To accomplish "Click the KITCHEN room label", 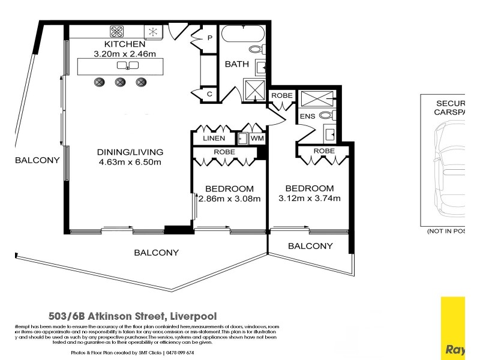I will pyautogui.click(x=125, y=44).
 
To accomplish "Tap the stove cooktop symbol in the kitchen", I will pyautogui.click(x=117, y=32).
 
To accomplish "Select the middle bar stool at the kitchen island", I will pyautogui.click(x=120, y=82).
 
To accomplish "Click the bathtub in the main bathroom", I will pyautogui.click(x=243, y=33).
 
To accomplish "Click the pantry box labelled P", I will pyautogui.click(x=210, y=38).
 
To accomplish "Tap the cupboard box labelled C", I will pyautogui.click(x=210, y=94).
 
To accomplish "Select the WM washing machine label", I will pyautogui.click(x=257, y=139).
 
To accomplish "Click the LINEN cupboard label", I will pyautogui.click(x=214, y=139).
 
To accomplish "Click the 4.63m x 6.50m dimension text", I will pyautogui.click(x=131, y=162).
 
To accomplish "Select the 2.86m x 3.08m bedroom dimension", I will pyautogui.click(x=229, y=199).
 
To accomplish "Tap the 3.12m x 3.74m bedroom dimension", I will pyautogui.click(x=310, y=199).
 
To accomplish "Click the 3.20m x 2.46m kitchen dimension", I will pyautogui.click(x=125, y=54).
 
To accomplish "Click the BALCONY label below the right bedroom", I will pyautogui.click(x=310, y=246).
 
